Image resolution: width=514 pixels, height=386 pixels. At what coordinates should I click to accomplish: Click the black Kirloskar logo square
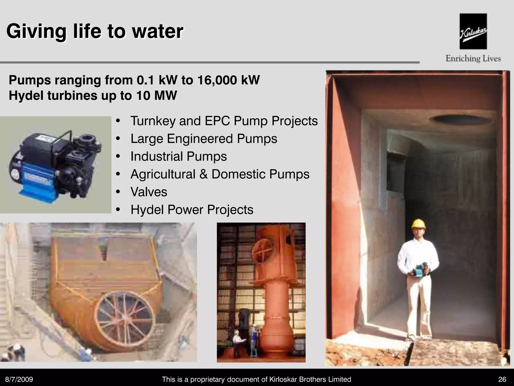[x=473, y=31]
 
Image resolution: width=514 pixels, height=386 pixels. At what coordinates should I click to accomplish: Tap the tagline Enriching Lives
[x=473, y=59]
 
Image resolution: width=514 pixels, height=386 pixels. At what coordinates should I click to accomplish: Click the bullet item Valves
[x=149, y=192]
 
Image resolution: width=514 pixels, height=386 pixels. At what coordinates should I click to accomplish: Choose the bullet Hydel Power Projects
[x=192, y=210]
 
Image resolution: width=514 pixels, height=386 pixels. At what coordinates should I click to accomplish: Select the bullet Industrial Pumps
[x=178, y=156]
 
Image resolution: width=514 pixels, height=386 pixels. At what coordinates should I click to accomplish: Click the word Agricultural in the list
[x=163, y=174]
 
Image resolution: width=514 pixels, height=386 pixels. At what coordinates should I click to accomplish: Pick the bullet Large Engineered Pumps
[x=204, y=139]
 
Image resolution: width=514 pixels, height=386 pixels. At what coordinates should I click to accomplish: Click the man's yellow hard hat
[x=419, y=224]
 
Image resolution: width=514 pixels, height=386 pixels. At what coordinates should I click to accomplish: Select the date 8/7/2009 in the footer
[x=19, y=379]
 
